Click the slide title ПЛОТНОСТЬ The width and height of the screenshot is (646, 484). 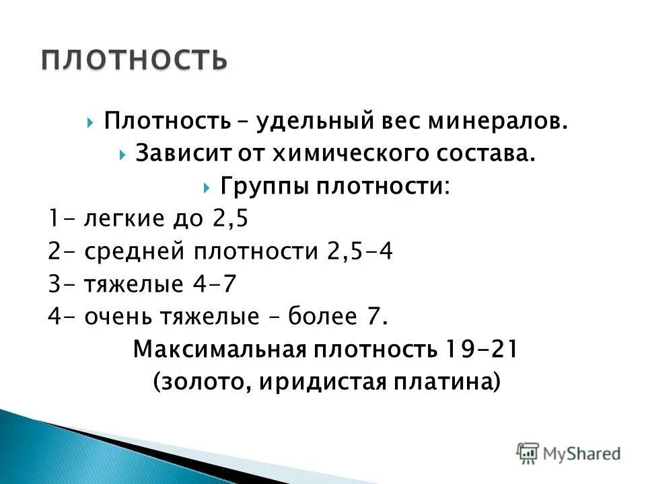tap(133, 60)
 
